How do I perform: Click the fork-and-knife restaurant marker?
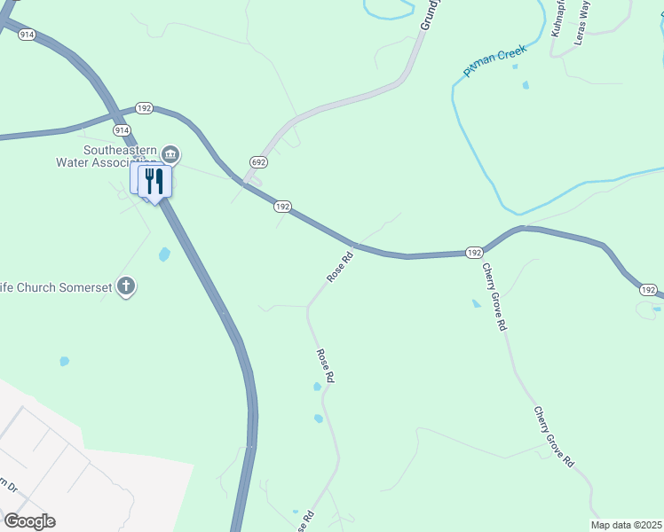point(155,182)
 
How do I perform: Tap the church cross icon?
point(126,286)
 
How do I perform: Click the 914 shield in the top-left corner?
point(27,34)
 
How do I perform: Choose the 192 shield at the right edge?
point(649,290)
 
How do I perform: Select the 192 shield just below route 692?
point(282,206)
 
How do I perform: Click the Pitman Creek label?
point(495,60)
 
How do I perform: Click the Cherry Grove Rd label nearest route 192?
point(494,296)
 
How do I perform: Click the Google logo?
point(29,521)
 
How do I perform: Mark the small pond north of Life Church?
point(164,255)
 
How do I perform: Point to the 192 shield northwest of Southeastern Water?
point(145,107)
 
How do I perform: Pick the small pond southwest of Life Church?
point(64,362)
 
